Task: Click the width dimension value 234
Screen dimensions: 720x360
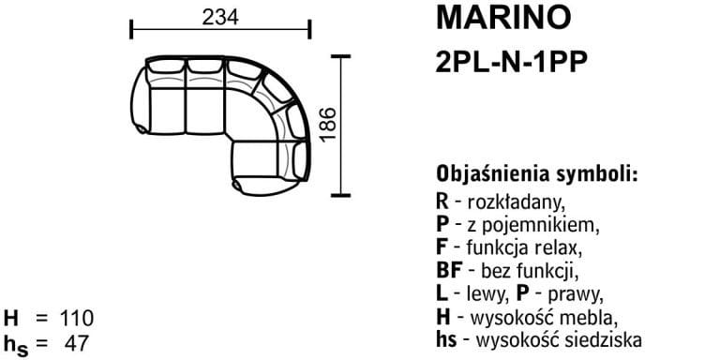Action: tap(220, 18)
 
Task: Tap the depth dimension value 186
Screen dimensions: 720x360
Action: tap(328, 125)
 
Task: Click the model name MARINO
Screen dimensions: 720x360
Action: tap(503, 18)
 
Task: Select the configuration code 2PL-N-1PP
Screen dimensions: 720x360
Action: tap(512, 62)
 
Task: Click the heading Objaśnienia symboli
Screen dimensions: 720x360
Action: tap(537, 174)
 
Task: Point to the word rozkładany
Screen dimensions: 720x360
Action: tap(516, 202)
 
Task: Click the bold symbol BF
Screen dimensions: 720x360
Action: tap(449, 271)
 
